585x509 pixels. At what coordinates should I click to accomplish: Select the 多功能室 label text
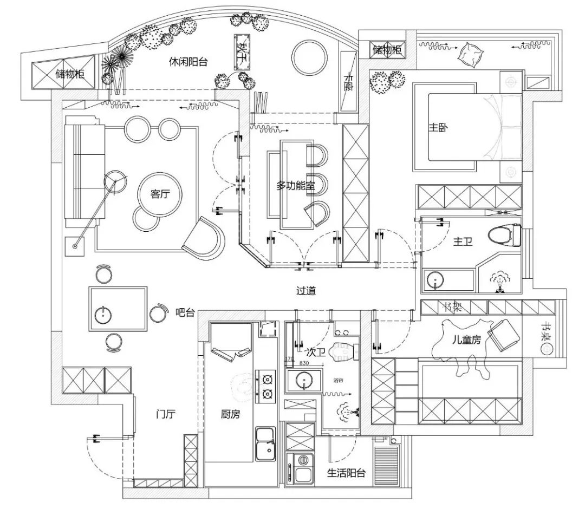pyautogui.click(x=296, y=186)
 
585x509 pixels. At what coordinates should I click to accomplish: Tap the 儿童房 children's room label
pyautogui.click(x=466, y=341)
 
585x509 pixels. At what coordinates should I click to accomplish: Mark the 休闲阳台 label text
pyautogui.click(x=188, y=62)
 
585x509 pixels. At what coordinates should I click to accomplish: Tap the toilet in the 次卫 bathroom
pyautogui.click(x=345, y=350)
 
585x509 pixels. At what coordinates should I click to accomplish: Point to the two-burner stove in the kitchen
pyautogui.click(x=266, y=387)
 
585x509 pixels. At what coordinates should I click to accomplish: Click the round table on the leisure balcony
pyautogui.click(x=309, y=56)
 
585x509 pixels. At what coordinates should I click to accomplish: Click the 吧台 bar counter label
pyautogui.click(x=185, y=312)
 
